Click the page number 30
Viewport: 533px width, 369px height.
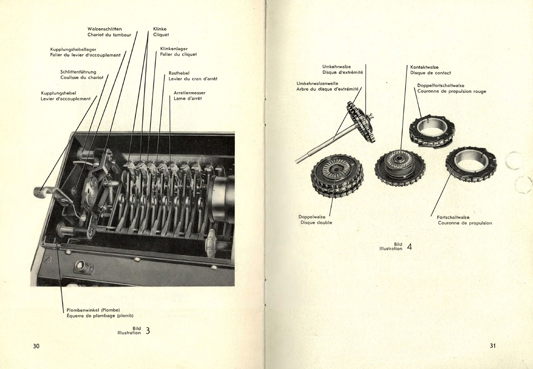36,346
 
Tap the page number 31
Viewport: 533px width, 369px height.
493,346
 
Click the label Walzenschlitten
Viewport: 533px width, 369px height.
105,29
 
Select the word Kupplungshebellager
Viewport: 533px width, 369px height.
73,49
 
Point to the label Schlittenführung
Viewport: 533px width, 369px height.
78,72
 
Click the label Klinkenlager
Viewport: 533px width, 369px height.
174,48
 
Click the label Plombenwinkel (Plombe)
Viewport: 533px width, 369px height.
91,309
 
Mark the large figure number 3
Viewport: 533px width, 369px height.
148,330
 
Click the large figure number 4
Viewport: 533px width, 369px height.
409,247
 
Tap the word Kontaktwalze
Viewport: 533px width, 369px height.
424,67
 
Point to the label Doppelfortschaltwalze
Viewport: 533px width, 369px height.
441,85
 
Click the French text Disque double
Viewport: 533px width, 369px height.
316,222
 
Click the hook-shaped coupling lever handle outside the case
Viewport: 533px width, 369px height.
41,192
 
